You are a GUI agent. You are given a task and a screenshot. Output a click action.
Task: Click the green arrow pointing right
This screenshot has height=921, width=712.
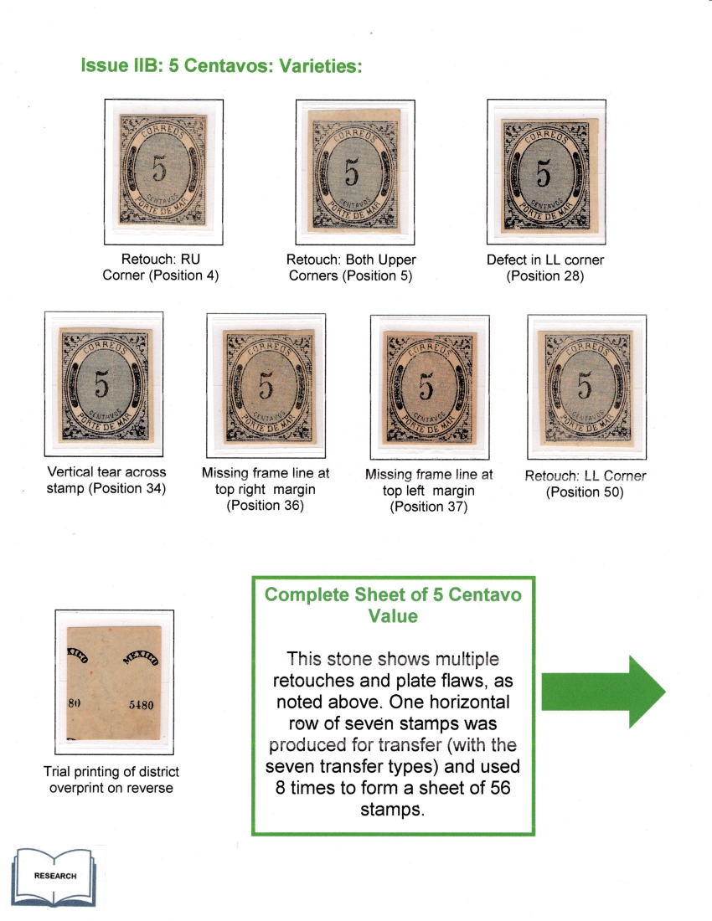click(x=603, y=692)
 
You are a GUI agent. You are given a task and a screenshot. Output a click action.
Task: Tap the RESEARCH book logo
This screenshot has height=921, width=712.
click(x=54, y=877)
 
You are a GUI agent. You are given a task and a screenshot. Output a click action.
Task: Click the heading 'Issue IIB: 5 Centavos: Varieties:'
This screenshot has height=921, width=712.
click(x=221, y=65)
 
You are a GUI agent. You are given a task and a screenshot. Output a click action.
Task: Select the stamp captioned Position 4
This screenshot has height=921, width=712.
click(x=163, y=170)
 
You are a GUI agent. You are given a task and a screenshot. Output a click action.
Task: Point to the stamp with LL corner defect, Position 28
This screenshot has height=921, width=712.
click(x=545, y=175)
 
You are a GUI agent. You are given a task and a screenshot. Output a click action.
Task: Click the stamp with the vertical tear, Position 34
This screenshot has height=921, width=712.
click(x=105, y=385)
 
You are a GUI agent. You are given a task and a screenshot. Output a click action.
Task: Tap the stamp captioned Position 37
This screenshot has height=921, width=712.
click(x=430, y=388)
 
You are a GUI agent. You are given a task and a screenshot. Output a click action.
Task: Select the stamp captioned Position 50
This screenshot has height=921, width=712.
click(x=587, y=388)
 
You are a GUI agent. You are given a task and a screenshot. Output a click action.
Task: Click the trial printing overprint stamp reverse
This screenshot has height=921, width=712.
click(x=113, y=682)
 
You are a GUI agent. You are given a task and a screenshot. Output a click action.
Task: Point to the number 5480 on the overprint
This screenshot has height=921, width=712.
click(x=141, y=705)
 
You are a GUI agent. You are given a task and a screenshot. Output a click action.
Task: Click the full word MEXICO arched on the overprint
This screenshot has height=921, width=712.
click(x=141, y=658)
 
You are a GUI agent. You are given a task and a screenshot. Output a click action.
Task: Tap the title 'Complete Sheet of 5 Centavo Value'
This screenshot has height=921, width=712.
click(x=393, y=605)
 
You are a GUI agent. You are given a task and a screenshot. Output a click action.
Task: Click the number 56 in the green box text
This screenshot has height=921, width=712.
click(x=501, y=788)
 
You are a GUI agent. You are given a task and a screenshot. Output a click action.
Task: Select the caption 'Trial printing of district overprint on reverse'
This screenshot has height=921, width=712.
click(x=111, y=780)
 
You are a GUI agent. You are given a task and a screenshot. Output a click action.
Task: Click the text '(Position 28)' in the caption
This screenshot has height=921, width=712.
click(x=545, y=276)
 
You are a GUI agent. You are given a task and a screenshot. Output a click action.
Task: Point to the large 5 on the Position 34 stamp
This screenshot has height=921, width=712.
click(x=101, y=385)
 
